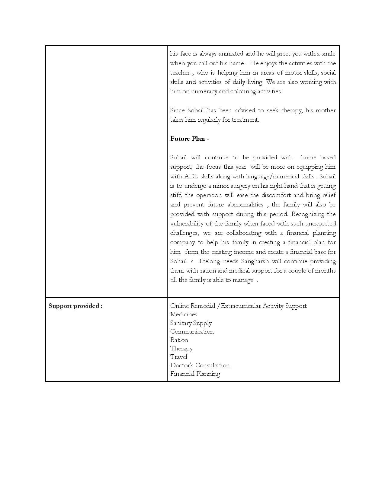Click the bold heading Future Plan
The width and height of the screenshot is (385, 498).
coord(189,139)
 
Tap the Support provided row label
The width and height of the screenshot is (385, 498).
coord(75,306)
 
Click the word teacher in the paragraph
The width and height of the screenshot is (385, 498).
coord(180,73)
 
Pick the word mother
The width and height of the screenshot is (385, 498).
coord(326,110)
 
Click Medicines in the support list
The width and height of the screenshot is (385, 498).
coord(184,314)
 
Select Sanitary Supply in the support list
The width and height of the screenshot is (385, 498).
coord(191,323)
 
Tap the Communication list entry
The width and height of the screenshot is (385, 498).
coord(192,332)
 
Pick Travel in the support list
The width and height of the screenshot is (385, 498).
coord(179,357)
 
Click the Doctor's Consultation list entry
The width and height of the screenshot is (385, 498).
coord(200,366)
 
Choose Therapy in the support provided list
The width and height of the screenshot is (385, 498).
coord(181,349)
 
